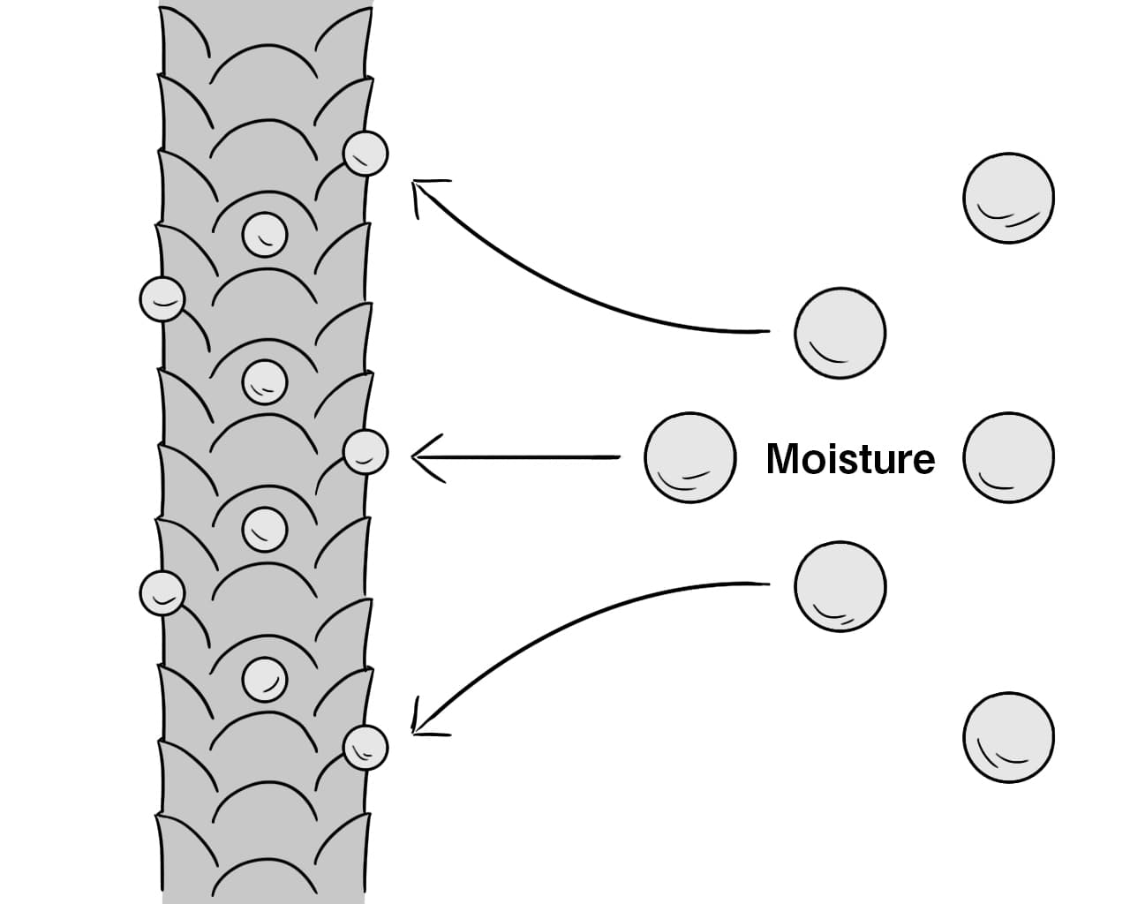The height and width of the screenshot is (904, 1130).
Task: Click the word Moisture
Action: tap(851, 458)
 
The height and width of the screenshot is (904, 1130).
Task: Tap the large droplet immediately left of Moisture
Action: tap(690, 457)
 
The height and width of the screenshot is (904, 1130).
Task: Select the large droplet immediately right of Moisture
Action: tap(1009, 457)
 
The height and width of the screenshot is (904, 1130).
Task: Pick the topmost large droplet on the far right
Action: tap(1009, 198)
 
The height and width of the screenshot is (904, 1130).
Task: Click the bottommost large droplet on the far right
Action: tap(1009, 737)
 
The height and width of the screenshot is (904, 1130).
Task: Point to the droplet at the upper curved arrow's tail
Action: tap(840, 333)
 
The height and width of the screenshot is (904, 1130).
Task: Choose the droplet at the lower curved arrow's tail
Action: tap(840, 587)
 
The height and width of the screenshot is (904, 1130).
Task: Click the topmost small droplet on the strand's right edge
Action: tap(365, 154)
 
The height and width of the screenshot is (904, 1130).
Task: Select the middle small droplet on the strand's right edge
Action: tap(365, 452)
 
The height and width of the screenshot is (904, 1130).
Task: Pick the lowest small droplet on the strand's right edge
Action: tap(365, 748)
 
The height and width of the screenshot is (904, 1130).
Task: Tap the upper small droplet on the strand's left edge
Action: tap(162, 299)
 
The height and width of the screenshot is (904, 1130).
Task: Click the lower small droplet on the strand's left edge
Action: tap(162, 593)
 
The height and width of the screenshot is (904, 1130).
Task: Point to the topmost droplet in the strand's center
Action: tap(265, 235)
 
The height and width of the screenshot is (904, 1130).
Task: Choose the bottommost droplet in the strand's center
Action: tap(265, 679)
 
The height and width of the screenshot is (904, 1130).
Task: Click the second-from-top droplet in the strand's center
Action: tap(265, 382)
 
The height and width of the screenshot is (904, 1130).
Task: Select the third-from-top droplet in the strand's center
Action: tap(265, 530)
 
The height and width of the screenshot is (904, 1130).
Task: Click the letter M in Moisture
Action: tap(782, 458)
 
